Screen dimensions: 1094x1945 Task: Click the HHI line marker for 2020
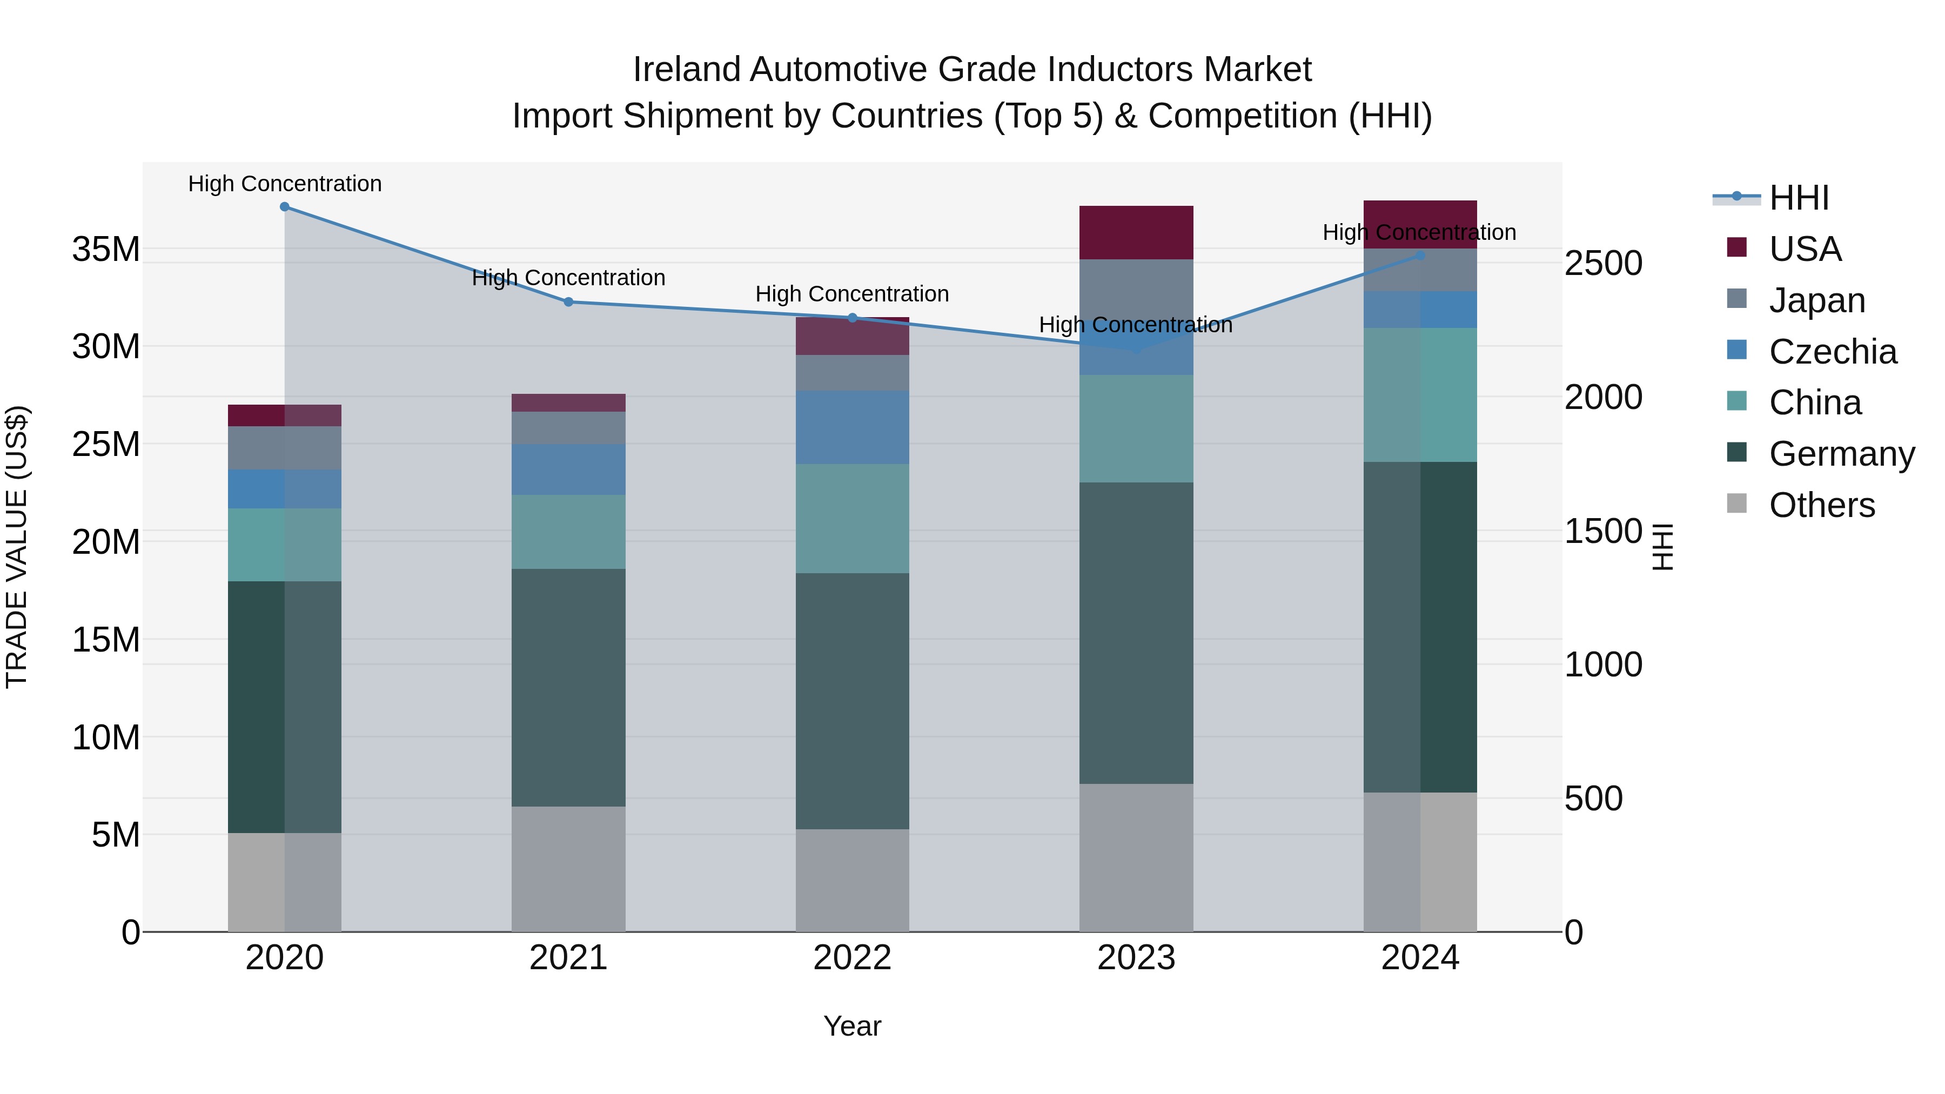coord(285,207)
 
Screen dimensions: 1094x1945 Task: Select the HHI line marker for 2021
coord(568,302)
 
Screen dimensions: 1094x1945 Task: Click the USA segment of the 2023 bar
coord(1136,232)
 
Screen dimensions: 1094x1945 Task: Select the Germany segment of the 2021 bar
coord(568,687)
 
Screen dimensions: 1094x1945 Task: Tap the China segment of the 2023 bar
coord(1136,429)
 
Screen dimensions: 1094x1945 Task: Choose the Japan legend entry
coord(1816,300)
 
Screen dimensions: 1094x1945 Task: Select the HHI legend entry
coord(1799,198)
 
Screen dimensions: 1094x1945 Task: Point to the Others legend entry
coord(1821,505)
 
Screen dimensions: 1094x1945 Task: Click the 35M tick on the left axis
coord(106,249)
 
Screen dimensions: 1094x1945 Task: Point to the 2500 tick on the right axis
coord(1602,264)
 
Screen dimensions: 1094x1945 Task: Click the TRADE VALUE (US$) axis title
coord(17,547)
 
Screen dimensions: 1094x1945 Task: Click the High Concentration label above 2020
coord(285,184)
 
